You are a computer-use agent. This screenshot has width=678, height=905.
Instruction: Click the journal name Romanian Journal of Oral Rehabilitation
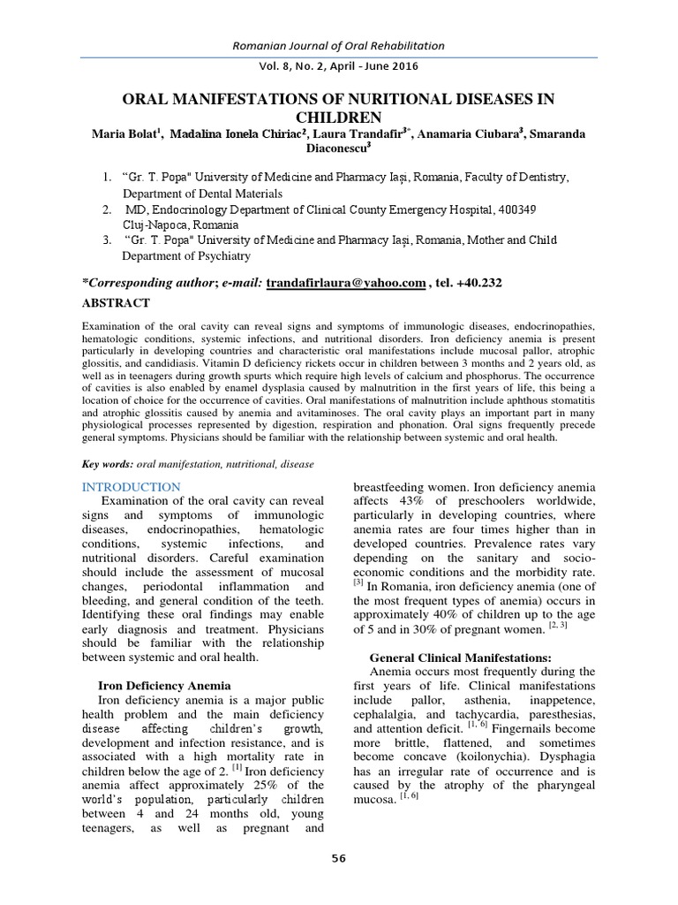tap(338, 45)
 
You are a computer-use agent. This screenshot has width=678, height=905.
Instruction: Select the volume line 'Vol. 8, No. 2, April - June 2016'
tap(338, 65)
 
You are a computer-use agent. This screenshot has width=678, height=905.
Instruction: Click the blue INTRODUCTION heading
tap(131, 487)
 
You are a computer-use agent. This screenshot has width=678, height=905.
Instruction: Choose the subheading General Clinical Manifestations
tap(460, 658)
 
